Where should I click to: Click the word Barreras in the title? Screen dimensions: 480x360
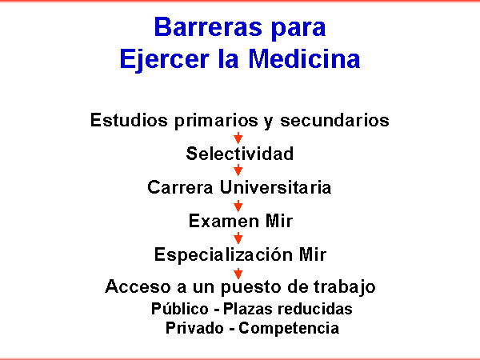(209, 27)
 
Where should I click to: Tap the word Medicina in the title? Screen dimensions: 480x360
(304, 58)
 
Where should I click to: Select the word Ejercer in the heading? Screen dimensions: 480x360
(165, 61)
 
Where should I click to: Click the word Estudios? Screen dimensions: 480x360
(129, 120)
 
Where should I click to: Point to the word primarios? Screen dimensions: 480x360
(216, 121)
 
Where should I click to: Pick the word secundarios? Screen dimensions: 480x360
(334, 120)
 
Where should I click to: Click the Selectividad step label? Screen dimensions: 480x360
(240, 154)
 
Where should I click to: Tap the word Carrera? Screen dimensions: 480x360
(180, 187)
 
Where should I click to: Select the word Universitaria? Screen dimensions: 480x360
(275, 187)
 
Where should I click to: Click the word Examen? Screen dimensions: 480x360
(224, 221)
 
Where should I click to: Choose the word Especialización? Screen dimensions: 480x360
(223, 255)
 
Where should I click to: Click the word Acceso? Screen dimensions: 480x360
(138, 286)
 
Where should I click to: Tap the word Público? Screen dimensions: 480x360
(180, 308)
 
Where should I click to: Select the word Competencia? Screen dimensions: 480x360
(289, 329)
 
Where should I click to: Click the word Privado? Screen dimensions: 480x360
(194, 328)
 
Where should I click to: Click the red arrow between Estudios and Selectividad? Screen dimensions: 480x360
(238, 138)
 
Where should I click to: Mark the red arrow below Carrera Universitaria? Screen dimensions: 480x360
(238, 206)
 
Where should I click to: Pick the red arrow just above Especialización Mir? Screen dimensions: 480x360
(238, 238)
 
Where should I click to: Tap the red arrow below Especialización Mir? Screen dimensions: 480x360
(238, 274)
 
